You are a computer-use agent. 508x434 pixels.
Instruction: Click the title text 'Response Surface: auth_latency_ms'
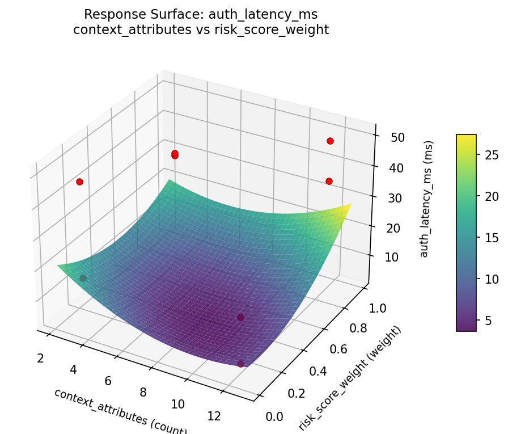(x=201, y=14)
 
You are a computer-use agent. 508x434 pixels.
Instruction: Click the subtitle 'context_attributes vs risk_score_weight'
(x=201, y=30)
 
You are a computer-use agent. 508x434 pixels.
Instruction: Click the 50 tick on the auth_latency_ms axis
(x=397, y=137)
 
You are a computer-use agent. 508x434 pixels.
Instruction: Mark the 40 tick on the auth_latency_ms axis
(x=395, y=168)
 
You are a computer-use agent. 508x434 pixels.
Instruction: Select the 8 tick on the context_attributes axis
(x=143, y=393)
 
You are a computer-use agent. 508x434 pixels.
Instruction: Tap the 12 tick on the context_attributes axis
(x=214, y=416)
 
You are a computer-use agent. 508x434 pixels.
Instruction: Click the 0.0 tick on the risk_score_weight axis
(x=274, y=418)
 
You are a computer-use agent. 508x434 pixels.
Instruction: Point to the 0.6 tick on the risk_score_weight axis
(x=322, y=349)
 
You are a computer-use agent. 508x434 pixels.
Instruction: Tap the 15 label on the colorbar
(x=492, y=238)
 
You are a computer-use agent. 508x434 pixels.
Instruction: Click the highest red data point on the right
(x=330, y=141)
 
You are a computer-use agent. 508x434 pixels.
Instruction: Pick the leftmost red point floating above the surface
(x=79, y=182)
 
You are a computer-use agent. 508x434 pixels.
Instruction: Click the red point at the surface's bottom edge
(x=240, y=363)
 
